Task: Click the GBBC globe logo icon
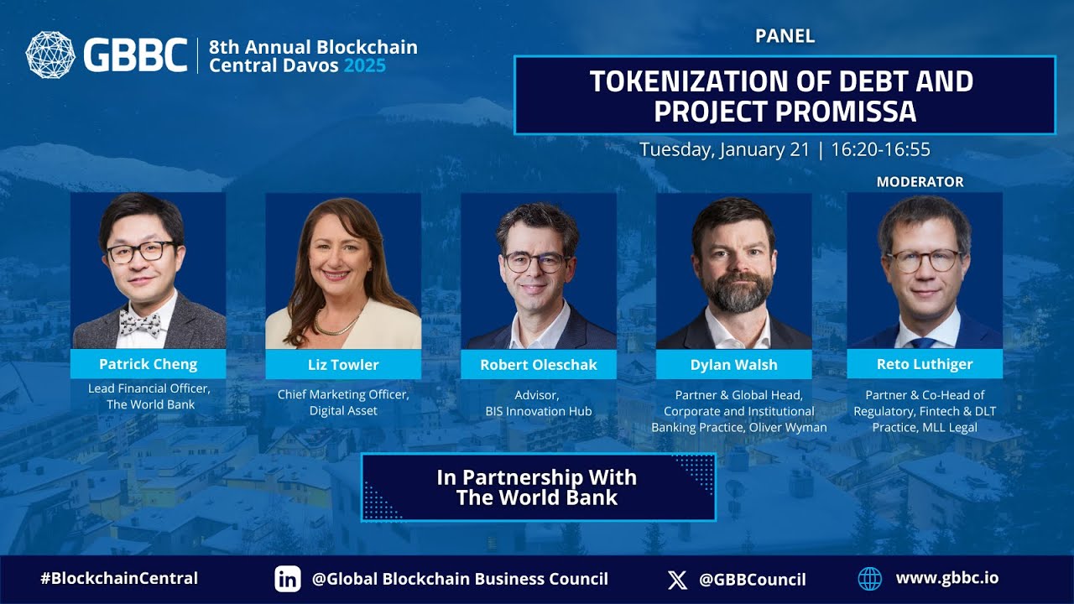pyautogui.click(x=50, y=55)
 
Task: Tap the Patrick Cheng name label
pyautogui.click(x=148, y=364)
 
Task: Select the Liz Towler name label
pyautogui.click(x=343, y=365)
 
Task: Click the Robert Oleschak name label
pyautogui.click(x=538, y=365)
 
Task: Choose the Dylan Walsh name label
pyautogui.click(x=733, y=365)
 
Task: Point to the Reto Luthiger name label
pyautogui.click(x=925, y=364)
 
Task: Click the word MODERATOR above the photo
pyautogui.click(x=920, y=182)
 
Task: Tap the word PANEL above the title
pyautogui.click(x=785, y=36)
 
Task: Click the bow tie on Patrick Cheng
pyautogui.click(x=140, y=322)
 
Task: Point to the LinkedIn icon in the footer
pyautogui.click(x=288, y=579)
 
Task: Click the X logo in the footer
pyautogui.click(x=677, y=579)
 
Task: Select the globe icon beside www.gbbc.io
pyautogui.click(x=870, y=578)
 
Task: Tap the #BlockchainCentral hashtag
pyautogui.click(x=119, y=578)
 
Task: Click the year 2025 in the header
pyautogui.click(x=364, y=65)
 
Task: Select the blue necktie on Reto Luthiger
pyautogui.click(x=923, y=343)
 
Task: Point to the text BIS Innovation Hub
pyautogui.click(x=538, y=411)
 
